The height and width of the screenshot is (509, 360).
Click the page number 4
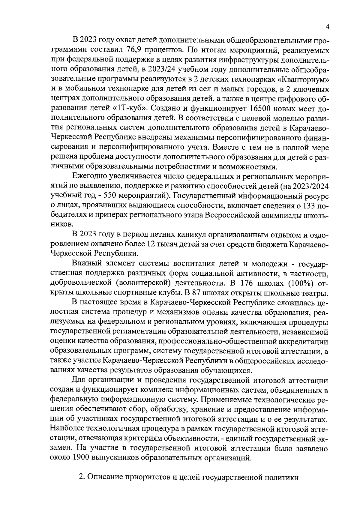328,27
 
